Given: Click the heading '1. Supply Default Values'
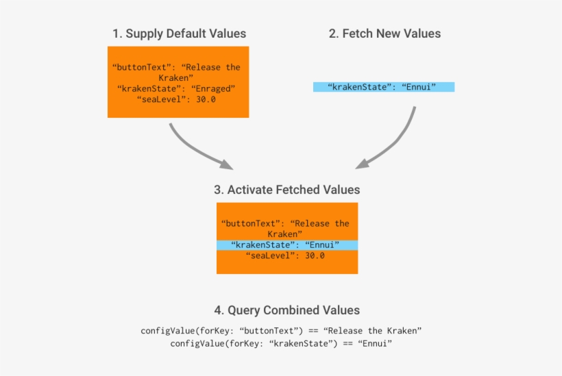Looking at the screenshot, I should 179,33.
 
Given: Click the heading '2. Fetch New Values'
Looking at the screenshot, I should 384,33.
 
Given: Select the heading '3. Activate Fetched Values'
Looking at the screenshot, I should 286,189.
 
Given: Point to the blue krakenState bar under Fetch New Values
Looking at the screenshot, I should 384,87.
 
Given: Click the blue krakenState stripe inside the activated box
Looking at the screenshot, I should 286,245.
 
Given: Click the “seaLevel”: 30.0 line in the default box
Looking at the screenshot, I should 177,99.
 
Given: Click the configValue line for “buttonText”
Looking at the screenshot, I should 281,331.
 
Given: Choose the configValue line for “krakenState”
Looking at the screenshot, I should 281,343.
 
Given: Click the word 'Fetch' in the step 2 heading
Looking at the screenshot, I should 358,33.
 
